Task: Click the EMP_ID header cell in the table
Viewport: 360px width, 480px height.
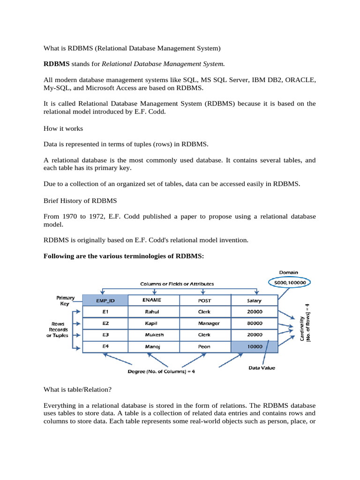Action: (105, 300)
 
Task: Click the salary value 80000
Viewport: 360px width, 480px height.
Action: (255, 323)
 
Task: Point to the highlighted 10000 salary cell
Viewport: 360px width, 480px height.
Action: (255, 347)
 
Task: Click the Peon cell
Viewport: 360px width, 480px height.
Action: (204, 347)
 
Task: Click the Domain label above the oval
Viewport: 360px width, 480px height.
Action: (289, 272)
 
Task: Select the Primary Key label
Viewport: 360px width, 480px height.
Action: (62, 300)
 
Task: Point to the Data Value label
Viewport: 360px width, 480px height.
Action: (262, 368)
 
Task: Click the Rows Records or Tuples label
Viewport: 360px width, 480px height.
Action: (57, 330)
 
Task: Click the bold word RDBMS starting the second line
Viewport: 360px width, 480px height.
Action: (56, 63)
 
